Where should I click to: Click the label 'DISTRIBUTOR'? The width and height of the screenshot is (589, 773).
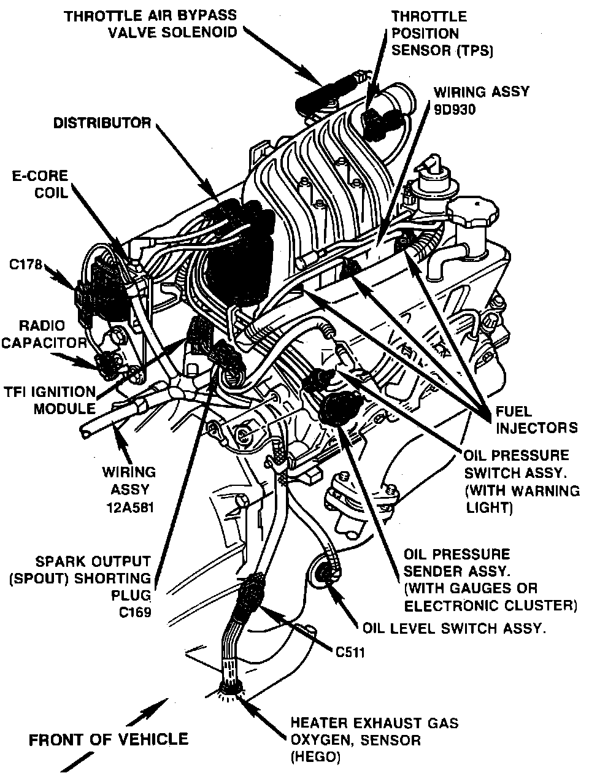tap(102, 123)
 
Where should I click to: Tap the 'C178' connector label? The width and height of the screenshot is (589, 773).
tap(26, 265)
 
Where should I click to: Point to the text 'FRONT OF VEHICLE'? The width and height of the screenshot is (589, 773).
tap(109, 739)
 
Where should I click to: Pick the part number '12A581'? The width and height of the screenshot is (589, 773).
tap(129, 508)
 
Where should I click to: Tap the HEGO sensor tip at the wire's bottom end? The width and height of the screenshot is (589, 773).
tap(231, 690)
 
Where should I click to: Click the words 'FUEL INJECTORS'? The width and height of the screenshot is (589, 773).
tap(536, 419)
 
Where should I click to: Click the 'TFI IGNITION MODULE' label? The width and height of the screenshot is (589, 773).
tap(49, 400)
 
